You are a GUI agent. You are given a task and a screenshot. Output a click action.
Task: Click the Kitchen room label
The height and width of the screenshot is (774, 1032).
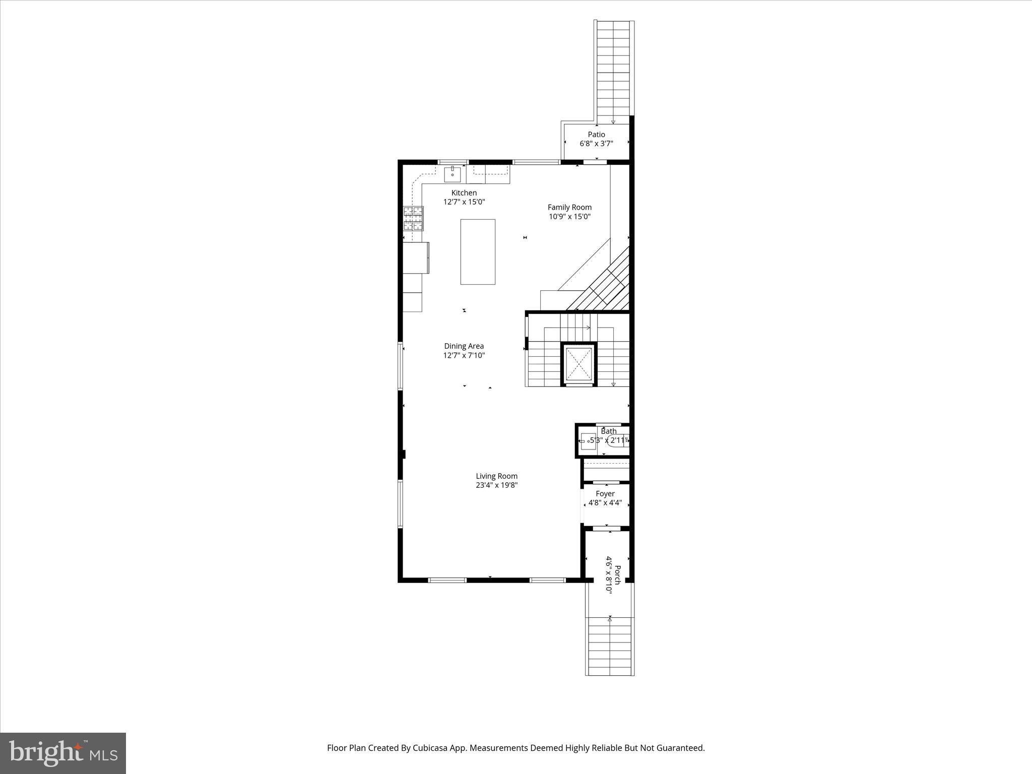tap(464, 192)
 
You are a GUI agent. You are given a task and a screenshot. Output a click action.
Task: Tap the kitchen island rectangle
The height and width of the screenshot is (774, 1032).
tap(477, 251)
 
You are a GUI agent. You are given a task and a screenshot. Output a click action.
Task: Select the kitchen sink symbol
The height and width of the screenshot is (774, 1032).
tap(452, 174)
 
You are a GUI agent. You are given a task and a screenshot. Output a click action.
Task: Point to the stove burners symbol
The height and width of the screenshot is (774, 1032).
tap(413, 219)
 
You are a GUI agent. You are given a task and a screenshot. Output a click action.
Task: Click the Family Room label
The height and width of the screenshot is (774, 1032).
tap(569, 207)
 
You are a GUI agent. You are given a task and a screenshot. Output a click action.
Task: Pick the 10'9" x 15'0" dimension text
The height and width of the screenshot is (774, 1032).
tap(569, 217)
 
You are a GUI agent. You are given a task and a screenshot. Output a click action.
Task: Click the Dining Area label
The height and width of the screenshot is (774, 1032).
tap(464, 346)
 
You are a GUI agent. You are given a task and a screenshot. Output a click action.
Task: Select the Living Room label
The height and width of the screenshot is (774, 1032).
tap(496, 476)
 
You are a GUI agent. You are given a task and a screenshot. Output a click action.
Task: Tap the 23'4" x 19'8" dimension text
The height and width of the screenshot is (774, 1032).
tap(496, 485)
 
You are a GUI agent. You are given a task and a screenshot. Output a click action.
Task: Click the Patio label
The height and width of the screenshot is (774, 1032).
tap(596, 134)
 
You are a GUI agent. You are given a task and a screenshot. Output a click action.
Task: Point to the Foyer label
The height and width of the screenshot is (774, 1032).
tap(605, 493)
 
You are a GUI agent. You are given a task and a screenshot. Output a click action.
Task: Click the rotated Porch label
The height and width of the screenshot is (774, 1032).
tap(617, 575)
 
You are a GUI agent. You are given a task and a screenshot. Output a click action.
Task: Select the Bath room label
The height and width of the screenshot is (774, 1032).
tap(609, 431)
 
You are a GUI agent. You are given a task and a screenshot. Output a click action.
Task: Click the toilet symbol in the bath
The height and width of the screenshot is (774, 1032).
tap(618, 441)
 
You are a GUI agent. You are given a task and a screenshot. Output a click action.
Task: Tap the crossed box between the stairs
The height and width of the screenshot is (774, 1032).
tap(579, 364)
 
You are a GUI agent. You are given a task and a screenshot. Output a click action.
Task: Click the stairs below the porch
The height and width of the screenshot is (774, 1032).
tap(610, 647)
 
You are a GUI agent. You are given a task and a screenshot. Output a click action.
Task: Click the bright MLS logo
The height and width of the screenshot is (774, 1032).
tap(63, 753)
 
